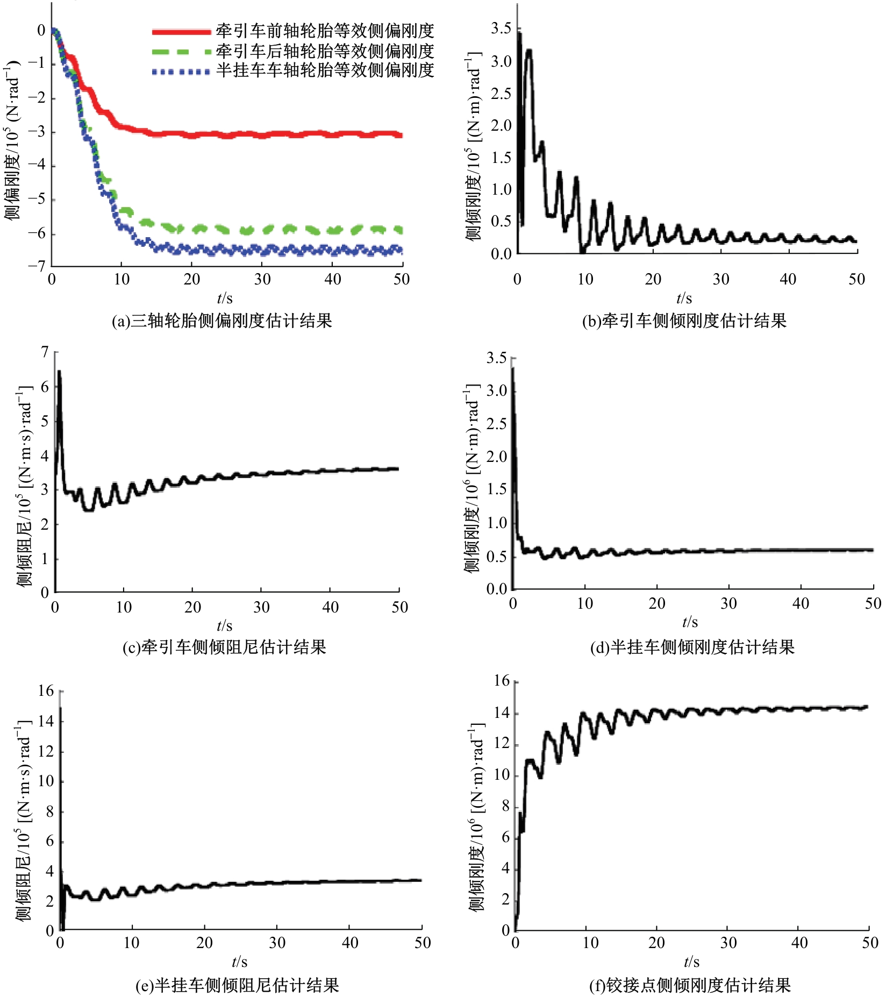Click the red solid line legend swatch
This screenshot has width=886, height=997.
[181, 32]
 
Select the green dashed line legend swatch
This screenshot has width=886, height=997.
[181, 52]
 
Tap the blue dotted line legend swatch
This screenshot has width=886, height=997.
[181, 72]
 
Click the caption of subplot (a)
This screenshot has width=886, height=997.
[222, 321]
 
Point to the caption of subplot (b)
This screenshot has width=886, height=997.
[684, 321]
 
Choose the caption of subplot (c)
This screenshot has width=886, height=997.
[224, 647]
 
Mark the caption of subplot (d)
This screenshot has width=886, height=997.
[692, 647]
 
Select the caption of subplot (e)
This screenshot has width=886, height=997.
[237, 985]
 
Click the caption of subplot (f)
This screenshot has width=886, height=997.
[690, 985]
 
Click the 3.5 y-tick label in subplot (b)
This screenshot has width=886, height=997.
[501, 29]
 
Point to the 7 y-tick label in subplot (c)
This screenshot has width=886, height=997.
[45, 353]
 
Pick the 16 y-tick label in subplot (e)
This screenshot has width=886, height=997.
[46, 690]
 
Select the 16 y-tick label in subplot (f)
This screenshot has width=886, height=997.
[502, 681]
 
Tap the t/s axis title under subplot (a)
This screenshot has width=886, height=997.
[225, 298]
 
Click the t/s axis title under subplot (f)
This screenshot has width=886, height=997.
[691, 962]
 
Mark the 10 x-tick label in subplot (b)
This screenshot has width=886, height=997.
[585, 279]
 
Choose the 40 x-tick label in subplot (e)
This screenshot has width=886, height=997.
[350, 943]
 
